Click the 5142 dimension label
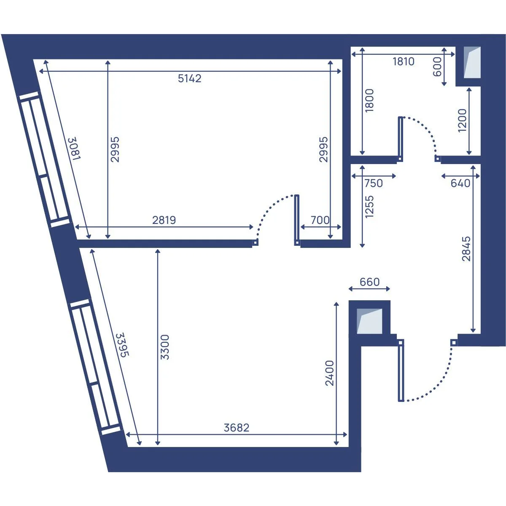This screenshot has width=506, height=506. [x=190, y=78]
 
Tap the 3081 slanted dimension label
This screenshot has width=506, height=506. [x=75, y=148]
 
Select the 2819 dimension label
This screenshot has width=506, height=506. [x=164, y=220]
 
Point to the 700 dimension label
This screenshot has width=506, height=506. [x=320, y=220]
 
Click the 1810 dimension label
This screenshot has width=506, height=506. [x=404, y=62]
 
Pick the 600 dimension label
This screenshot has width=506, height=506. [x=437, y=67]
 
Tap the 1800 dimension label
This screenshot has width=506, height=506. [x=369, y=100]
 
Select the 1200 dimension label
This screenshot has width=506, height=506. [x=462, y=121]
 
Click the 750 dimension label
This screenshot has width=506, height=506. [x=374, y=183]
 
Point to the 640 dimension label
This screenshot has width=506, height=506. [x=460, y=183]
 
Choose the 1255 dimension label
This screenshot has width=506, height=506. [x=369, y=207]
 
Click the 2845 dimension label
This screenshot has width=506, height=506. [x=466, y=249]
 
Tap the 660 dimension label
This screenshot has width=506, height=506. [x=370, y=282]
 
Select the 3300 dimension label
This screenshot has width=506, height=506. [x=165, y=347]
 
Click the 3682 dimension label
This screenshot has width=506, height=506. [x=237, y=428]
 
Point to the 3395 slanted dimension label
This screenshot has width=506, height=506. [x=123, y=345]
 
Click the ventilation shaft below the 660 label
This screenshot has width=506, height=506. [x=369, y=321]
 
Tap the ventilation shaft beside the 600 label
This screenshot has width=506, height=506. [x=472, y=62]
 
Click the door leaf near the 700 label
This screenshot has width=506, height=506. [x=297, y=220]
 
